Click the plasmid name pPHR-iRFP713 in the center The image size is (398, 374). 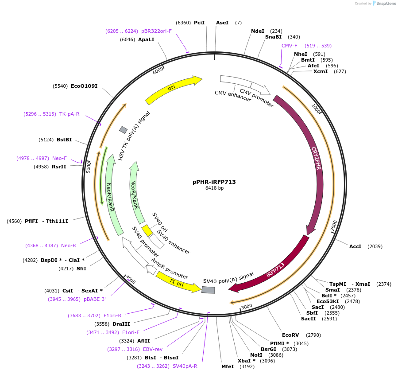click(x=214, y=182)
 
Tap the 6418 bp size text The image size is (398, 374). click(x=214, y=188)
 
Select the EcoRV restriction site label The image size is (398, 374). click(x=290, y=335)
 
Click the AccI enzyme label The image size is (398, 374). click(x=355, y=246)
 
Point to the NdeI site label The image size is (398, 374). click(x=257, y=31)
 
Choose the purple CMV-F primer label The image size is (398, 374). click(x=290, y=46)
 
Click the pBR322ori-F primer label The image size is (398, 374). click(x=156, y=31)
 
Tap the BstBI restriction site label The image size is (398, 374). click(x=64, y=140)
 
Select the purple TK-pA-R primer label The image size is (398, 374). click(x=69, y=114)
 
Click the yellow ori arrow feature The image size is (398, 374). click(x=173, y=89)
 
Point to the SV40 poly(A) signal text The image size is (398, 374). click(x=228, y=278)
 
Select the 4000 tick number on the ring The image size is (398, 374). click(x=130, y=280)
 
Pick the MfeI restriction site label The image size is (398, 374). click(x=228, y=366)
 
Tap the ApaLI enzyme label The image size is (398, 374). click(x=146, y=39)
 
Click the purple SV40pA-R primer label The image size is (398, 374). click(x=185, y=366)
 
